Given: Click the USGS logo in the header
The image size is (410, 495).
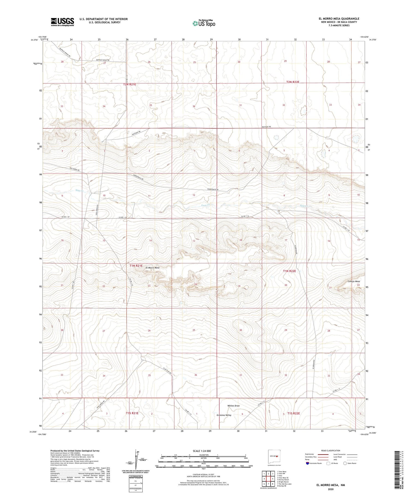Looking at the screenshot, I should click(x=62, y=22).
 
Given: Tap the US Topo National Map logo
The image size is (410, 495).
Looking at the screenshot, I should click(x=204, y=23).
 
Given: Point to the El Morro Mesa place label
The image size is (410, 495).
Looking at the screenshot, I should click(x=153, y=268).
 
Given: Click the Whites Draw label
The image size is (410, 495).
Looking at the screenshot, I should click(x=233, y=406).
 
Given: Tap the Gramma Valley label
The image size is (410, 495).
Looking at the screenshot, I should click(x=224, y=415).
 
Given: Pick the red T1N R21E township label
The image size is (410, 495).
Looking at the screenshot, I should click(x=136, y=266).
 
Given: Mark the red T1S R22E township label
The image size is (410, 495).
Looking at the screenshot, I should click(x=294, y=413).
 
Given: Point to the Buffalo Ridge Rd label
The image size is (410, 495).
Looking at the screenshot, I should click(x=103, y=60).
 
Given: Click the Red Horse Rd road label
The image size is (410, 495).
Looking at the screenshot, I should click(x=74, y=169).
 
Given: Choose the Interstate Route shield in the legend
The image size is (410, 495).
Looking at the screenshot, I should click(x=307, y=463).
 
